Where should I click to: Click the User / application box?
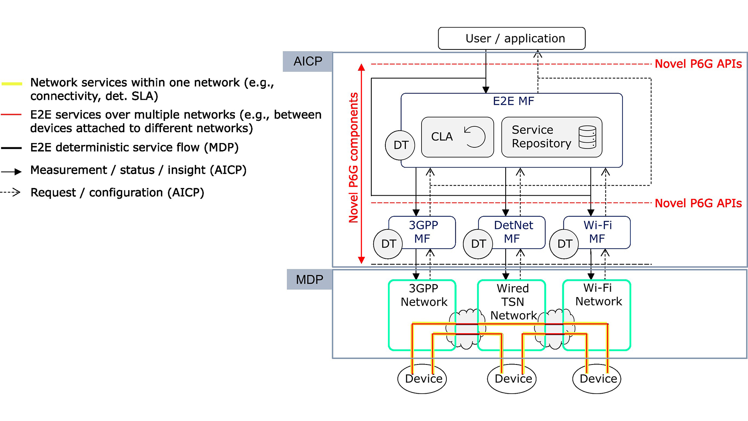pyautogui.click(x=512, y=38)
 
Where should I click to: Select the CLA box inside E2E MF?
pyautogui.click(x=457, y=137)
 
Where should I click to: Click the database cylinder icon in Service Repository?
pyautogui.click(x=587, y=137)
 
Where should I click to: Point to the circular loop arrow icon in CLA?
pyautogui.click(x=475, y=137)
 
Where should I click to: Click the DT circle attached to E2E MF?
pyautogui.click(x=400, y=145)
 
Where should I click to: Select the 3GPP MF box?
pyautogui.click(x=423, y=232)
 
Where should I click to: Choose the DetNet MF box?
pyautogui.click(x=513, y=232)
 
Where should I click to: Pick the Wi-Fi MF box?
pyautogui.click(x=598, y=232)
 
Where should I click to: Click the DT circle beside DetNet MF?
pyautogui.click(x=478, y=244)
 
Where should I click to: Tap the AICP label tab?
pyautogui.click(x=308, y=61)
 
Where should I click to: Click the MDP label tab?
pyautogui.click(x=309, y=279)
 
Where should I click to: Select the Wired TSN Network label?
pyautogui.click(x=513, y=302)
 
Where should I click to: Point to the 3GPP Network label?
pyautogui.click(x=424, y=295)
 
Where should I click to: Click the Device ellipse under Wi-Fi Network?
pyautogui.click(x=597, y=379)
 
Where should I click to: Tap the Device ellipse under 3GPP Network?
pyautogui.click(x=422, y=379)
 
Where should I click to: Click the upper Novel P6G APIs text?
pyautogui.click(x=698, y=64)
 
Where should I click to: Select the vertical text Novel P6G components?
pyautogui.click(x=353, y=157)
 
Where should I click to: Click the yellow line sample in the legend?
pyautogui.click(x=12, y=83)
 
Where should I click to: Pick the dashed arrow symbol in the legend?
pyautogui.click(x=11, y=192)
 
